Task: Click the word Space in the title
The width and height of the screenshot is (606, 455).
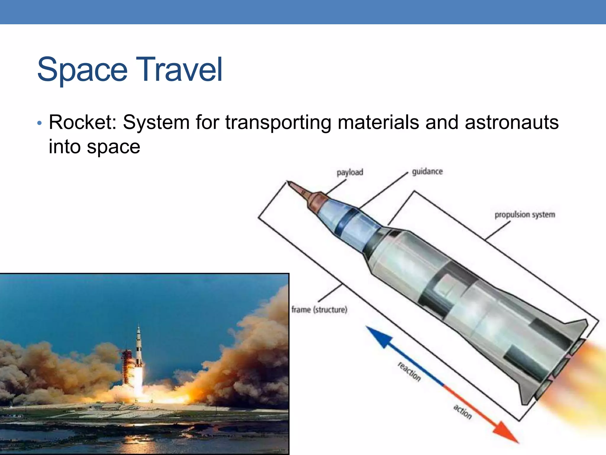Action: [82, 70]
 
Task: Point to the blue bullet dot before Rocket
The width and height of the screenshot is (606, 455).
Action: [39, 123]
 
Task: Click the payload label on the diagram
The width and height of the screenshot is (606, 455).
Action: [350, 172]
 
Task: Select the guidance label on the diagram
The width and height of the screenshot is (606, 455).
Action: [427, 172]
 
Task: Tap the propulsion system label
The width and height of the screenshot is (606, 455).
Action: [525, 214]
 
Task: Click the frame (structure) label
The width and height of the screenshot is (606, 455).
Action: [319, 310]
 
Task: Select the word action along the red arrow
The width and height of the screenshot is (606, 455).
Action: [462, 412]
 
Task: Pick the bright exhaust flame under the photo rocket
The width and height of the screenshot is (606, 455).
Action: [138, 382]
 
